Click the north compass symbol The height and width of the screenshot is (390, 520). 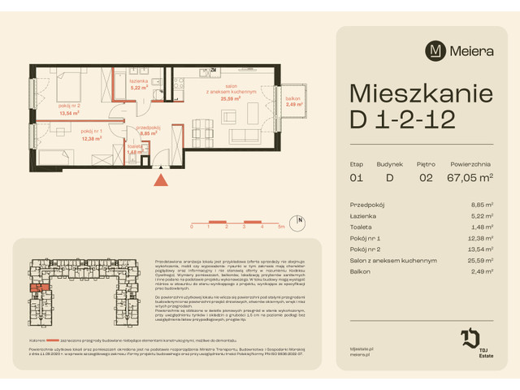click(x=299, y=221)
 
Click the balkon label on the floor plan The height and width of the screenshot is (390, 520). click(x=293, y=100)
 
